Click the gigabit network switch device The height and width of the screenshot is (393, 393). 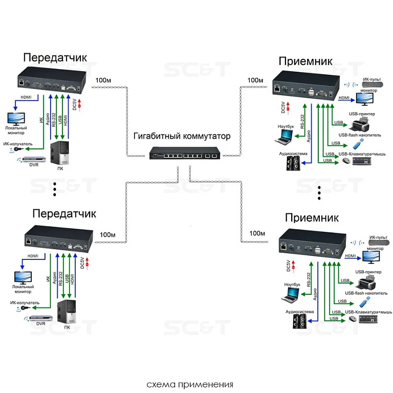point(184,153)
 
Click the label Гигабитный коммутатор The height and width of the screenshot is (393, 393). point(182,136)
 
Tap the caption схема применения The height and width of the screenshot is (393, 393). point(190,384)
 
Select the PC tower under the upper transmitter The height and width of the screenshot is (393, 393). point(60,153)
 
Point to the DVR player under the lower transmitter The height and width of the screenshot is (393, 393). point(41,318)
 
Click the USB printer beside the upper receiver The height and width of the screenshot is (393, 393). point(360,125)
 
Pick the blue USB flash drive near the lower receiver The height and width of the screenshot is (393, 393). point(364,302)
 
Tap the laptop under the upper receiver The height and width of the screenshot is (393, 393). point(284,137)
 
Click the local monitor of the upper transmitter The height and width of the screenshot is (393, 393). point(16,119)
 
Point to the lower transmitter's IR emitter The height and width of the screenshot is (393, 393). point(23,308)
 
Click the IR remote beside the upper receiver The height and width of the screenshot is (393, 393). point(373,84)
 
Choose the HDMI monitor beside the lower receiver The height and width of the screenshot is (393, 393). point(371,257)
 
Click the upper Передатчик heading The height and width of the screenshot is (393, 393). point(55,57)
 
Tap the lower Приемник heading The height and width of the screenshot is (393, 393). point(312,217)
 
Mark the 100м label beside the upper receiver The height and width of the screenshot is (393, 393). point(255,80)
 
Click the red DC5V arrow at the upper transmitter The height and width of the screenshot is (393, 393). point(80,105)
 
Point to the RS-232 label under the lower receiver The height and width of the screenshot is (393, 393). point(309,280)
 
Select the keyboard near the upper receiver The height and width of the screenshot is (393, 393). point(362,161)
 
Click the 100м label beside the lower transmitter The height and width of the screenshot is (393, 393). point(107,235)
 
